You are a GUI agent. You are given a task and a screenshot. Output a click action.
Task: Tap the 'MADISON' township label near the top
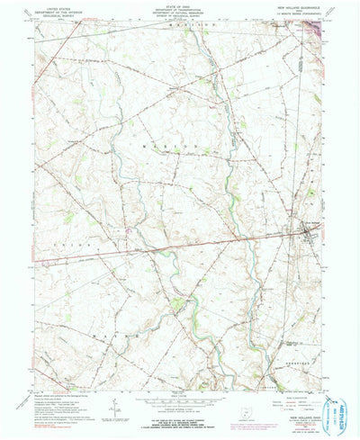click(x=180, y=31)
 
